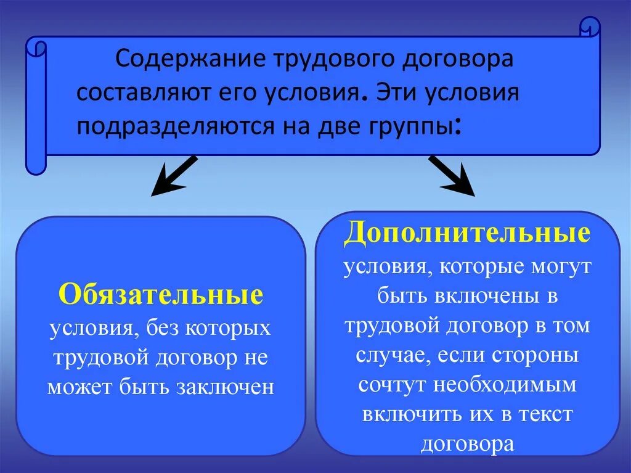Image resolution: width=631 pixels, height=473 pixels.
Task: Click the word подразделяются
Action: click(162, 125)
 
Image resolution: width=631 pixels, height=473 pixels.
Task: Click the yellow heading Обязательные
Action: click(161, 295)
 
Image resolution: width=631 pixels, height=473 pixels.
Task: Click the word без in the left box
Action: click(163, 327)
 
